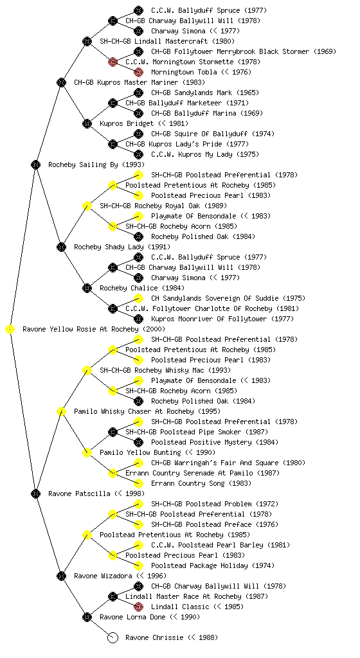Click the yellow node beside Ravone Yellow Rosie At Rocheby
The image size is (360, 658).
pyautogui.click(x=10, y=330)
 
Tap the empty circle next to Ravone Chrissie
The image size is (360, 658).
pyautogui.click(x=113, y=638)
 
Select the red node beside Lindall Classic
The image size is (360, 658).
pyautogui.click(x=138, y=607)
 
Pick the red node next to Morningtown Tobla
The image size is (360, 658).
pyautogui.click(x=138, y=72)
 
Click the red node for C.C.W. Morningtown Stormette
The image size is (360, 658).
pyautogui.click(x=113, y=62)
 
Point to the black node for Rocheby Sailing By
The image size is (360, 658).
pyautogui.click(x=35, y=165)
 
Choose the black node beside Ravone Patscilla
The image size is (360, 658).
pyautogui.click(x=35, y=494)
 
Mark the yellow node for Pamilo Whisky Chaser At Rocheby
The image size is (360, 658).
pyautogui.click(x=61, y=412)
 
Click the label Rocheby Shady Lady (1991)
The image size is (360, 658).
pyautogui.click(x=122, y=247)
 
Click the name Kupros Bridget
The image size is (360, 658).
pyautogui.click(x=127, y=123)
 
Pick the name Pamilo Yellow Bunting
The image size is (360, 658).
pyautogui.click(x=140, y=452)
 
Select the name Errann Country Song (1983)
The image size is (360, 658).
pyautogui.click(x=201, y=483)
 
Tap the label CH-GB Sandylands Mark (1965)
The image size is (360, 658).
pyautogui.click(x=205, y=93)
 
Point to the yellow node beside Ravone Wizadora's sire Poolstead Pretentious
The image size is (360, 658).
pyautogui.click(x=87, y=535)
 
